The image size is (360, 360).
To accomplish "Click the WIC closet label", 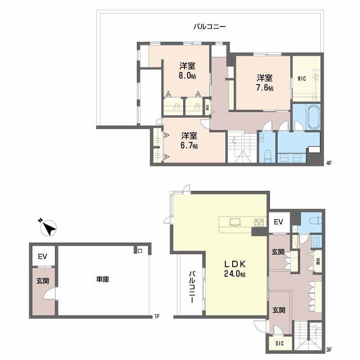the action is [x=301, y=78].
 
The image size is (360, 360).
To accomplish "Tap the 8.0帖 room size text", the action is [x=187, y=76].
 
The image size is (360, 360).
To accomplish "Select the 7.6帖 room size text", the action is [x=265, y=88].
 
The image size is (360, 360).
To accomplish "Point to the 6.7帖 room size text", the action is [x=189, y=146].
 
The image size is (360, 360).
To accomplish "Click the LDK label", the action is [x=235, y=264].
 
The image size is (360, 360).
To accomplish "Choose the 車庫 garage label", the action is [x=103, y=279].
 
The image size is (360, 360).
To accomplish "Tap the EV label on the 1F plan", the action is [x=43, y=256].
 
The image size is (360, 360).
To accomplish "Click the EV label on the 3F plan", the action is [x=279, y=222].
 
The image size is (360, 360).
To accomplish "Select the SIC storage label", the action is [x=279, y=343].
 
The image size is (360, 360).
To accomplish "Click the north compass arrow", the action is [x=48, y=228].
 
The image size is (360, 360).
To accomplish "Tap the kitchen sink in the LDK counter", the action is [x=235, y=222].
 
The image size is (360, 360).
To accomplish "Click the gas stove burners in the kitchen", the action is [x=259, y=222].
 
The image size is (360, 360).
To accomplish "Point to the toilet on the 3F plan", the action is [x=315, y=220].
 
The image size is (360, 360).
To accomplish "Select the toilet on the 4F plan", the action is [x=267, y=156].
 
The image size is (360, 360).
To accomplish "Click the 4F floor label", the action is [x=329, y=163].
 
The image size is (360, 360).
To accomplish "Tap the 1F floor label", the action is [x=157, y=317].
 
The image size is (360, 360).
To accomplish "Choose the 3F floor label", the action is [x=329, y=350].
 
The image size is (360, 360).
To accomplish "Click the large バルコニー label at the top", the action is [x=210, y=27].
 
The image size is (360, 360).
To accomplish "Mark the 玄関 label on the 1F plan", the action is [x=43, y=281].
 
